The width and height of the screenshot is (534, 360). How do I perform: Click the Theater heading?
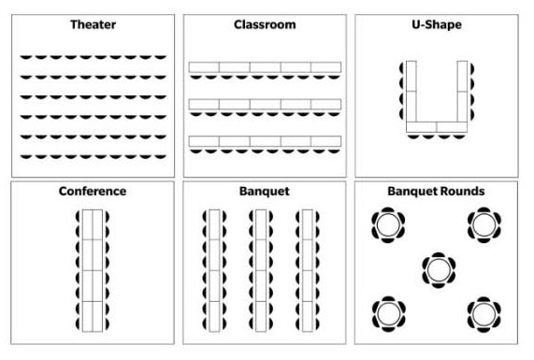click(93, 24)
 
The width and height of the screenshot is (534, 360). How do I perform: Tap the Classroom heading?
click(265, 24)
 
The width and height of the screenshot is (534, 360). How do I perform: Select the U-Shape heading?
click(437, 24)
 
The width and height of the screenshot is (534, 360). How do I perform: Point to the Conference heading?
click(93, 191)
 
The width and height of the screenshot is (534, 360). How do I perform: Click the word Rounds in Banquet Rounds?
click(462, 191)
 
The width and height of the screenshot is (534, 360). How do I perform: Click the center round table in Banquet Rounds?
click(437, 268)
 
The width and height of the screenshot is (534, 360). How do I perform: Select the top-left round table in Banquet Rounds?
click(388, 224)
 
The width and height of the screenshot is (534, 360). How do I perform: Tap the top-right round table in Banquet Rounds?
click(483, 224)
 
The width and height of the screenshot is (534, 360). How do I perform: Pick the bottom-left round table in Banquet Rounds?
click(388, 311)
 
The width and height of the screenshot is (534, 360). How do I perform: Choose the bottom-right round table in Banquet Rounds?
click(483, 311)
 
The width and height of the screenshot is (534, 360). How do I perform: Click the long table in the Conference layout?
click(93, 271)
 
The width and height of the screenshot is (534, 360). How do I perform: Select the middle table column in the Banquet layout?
click(261, 271)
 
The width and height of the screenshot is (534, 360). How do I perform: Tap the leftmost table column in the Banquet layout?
click(214, 271)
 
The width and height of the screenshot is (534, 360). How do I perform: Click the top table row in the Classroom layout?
click(265, 67)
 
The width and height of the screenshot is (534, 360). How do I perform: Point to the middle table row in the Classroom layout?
click(265, 104)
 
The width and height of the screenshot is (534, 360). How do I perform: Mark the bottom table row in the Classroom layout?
click(265, 141)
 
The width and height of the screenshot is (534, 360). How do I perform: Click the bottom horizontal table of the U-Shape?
click(437, 126)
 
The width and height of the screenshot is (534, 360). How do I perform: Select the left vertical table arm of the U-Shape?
click(411, 91)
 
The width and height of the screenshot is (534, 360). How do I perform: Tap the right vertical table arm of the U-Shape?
click(461, 91)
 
